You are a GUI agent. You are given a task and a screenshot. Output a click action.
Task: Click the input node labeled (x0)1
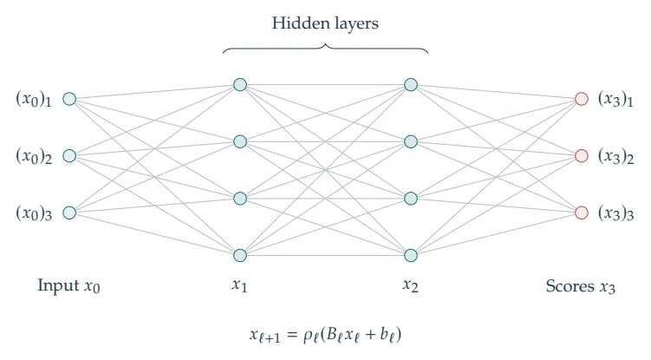point(69,99)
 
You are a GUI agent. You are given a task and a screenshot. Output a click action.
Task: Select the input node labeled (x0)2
point(69,156)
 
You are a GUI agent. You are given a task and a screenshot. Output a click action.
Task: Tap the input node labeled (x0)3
point(69,213)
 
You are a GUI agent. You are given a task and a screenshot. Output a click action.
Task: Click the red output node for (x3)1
point(582,99)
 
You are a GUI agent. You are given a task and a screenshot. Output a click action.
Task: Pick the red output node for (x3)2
point(582,156)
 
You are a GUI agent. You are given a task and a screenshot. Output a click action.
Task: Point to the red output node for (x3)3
point(582,213)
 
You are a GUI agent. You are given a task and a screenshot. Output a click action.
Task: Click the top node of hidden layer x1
point(240,85)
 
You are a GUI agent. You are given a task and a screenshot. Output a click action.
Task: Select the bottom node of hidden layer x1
point(240,255)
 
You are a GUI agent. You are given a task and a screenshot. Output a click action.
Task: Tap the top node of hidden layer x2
point(411,85)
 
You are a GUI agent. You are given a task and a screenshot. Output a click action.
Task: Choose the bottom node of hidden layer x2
point(411,255)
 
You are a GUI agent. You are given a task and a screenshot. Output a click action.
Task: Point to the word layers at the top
point(355,24)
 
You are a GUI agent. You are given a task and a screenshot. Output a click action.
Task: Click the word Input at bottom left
point(59,286)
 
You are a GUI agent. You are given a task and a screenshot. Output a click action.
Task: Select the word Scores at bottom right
point(570,286)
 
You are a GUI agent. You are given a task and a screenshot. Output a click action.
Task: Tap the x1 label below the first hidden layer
point(239,286)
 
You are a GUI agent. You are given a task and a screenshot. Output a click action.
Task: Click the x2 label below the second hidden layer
point(410,286)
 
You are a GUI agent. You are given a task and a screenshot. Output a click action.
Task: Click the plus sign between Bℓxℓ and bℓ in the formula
point(370,334)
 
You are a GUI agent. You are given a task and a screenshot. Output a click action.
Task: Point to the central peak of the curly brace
point(326,44)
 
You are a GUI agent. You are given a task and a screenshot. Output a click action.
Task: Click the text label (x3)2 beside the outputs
point(615,156)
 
